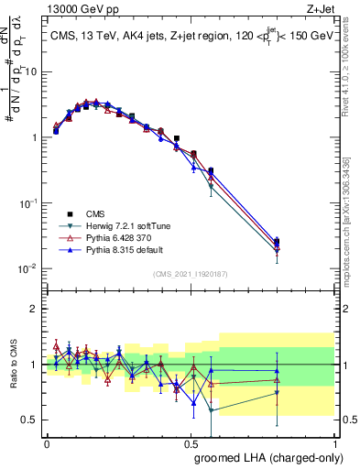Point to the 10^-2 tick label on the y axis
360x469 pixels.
coord(27,268)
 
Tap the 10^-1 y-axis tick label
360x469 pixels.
coord(27,202)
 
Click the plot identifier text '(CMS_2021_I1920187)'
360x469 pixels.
coord(191,274)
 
